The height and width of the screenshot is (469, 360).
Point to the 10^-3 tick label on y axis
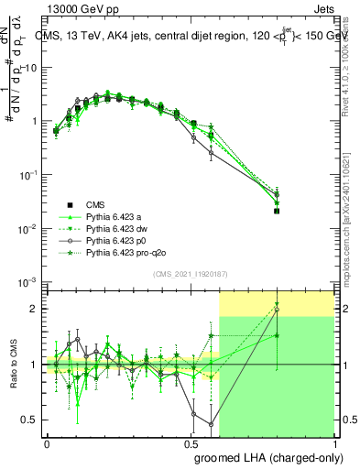27,281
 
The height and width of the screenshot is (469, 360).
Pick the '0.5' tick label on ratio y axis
30,420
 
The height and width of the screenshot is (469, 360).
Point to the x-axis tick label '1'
333,442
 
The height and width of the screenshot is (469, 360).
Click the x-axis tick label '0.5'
191,442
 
